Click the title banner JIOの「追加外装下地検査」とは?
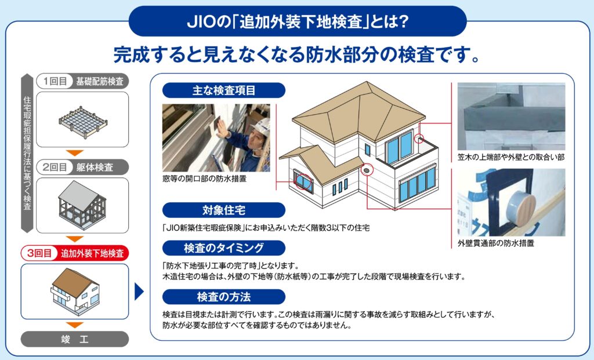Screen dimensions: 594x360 pyautogui.click(x=298, y=21)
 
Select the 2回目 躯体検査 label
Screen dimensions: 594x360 pyautogui.click(x=82, y=167)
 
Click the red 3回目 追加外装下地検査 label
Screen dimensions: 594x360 pyautogui.click(x=75, y=253)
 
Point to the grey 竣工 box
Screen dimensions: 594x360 pyautogui.click(x=75, y=339)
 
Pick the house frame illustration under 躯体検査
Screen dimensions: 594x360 pyautogui.click(x=82, y=205)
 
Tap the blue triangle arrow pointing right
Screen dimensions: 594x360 pyautogui.click(x=139, y=292)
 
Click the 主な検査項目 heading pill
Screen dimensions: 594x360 pyautogui.click(x=223, y=90)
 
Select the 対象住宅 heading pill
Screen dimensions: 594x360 pyautogui.click(x=223, y=210)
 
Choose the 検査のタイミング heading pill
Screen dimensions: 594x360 pyautogui.click(x=223, y=248)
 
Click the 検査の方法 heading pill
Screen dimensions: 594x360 pyautogui.click(x=223, y=297)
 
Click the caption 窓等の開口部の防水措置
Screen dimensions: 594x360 pyautogui.click(x=205, y=179)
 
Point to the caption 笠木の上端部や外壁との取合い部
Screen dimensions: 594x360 pyautogui.click(x=511, y=157)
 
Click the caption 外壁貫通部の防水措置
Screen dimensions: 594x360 pyautogui.click(x=496, y=243)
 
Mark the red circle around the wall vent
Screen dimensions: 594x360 pyautogui.click(x=367, y=170)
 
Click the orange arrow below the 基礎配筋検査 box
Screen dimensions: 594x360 pyautogui.click(x=75, y=153)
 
